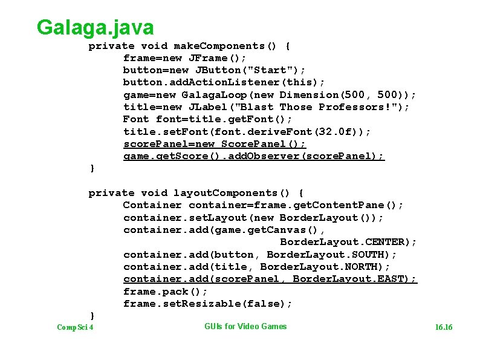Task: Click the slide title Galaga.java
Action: click(x=95, y=27)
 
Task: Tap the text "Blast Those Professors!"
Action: click(x=325, y=107)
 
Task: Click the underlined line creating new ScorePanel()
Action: click(x=215, y=144)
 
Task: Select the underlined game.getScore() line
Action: click(x=253, y=156)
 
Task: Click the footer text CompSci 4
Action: click(x=75, y=327)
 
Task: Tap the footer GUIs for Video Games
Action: click(x=245, y=327)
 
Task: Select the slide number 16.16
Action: click(x=443, y=327)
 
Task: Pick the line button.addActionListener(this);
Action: click(x=224, y=82)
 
